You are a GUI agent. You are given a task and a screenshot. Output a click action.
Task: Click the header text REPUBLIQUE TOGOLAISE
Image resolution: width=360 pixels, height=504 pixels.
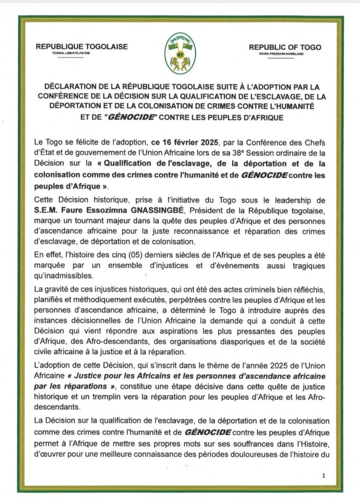81,47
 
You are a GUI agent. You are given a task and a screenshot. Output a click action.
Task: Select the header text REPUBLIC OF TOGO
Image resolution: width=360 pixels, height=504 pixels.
285,47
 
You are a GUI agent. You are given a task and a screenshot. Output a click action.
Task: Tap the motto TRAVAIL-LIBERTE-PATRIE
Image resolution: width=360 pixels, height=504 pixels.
71,54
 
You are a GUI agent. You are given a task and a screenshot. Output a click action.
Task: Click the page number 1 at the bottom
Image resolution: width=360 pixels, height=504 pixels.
324,475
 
